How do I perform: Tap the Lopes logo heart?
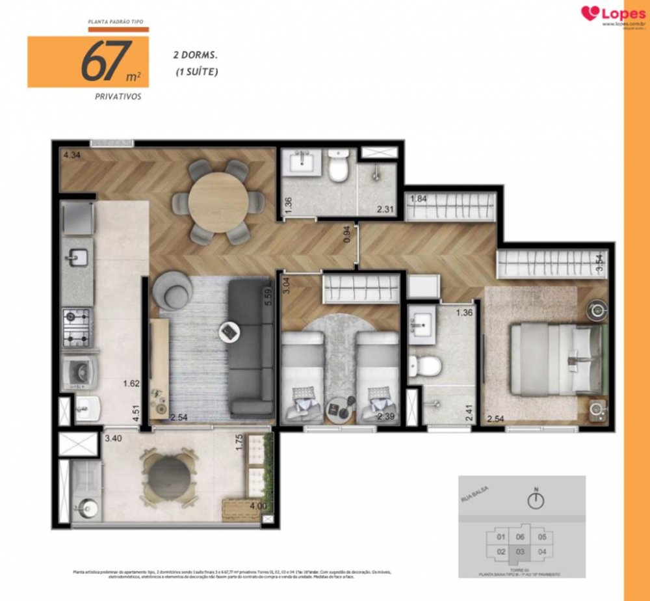click(590, 13)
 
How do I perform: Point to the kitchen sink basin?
click(78, 258)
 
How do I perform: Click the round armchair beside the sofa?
click(170, 290)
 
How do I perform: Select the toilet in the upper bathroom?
click(338, 167)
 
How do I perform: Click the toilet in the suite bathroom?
click(430, 364)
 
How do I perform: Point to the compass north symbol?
click(536, 500)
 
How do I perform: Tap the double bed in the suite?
click(556, 359)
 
